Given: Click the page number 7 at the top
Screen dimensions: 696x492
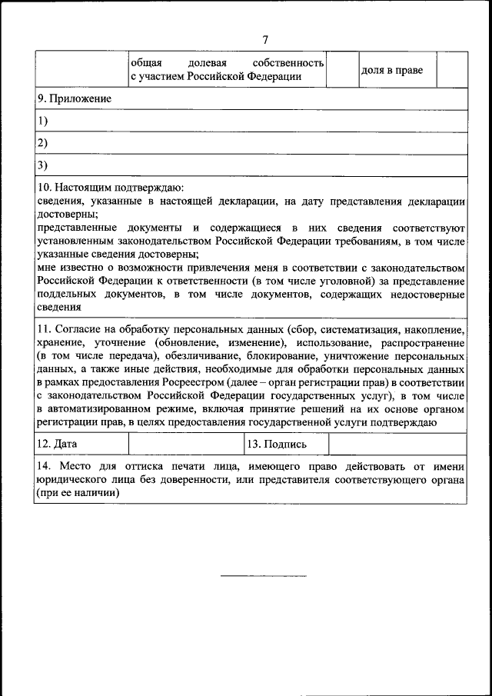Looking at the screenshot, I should pos(265,39).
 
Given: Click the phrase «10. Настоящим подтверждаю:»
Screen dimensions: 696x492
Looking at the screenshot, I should pos(111,188).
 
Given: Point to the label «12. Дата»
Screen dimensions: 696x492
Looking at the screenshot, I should pos(57,444).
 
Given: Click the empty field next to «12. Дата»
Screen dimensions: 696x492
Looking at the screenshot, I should pos(184,444).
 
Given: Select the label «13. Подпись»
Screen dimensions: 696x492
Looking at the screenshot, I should pos(277,444).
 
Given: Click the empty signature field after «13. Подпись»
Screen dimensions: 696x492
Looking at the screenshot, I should pos(397,444).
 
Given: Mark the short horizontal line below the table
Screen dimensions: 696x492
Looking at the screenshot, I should pos(264,575).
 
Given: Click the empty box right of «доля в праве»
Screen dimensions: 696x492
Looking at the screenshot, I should pos(451,70).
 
